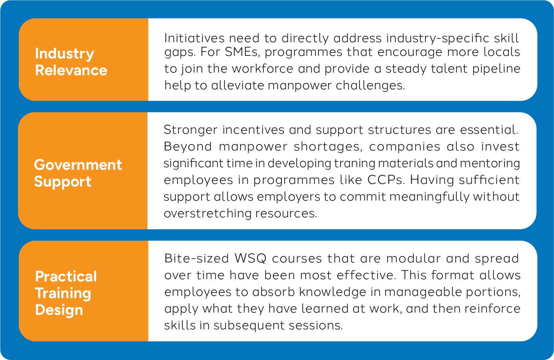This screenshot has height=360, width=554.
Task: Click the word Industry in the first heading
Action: (x=64, y=54)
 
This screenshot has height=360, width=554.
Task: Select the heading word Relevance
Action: (x=71, y=70)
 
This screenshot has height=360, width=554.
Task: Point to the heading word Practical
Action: (x=66, y=276)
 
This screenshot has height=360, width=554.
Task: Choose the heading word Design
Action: (x=59, y=310)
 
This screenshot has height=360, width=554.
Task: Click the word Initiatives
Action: (x=194, y=38)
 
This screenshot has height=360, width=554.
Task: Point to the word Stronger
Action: (x=191, y=130)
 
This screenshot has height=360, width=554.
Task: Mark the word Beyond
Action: (x=188, y=147)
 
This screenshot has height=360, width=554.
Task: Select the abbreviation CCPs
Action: (x=386, y=180)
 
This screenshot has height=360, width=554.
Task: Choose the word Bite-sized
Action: (x=196, y=258)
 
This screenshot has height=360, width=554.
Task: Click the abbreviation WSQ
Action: (x=251, y=258)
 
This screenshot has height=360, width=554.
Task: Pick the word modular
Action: (x=414, y=258)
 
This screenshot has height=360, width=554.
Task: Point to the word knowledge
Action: (x=332, y=292)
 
